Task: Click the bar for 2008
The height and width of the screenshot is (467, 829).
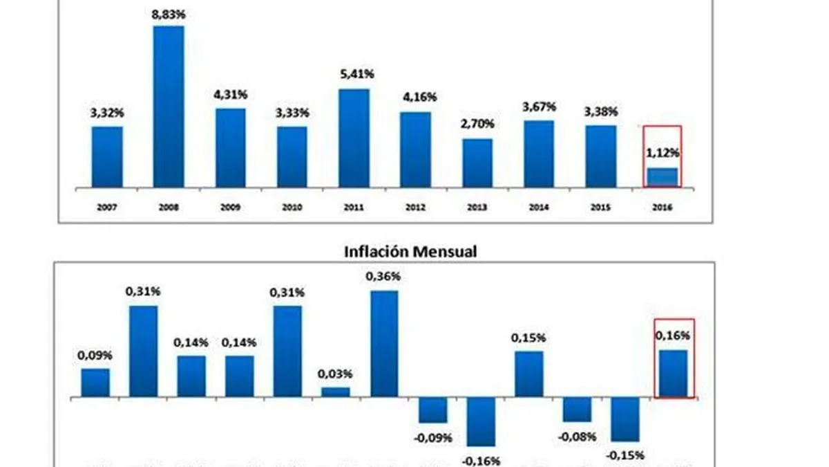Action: (x=169, y=107)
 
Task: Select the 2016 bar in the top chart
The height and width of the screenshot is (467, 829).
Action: (x=662, y=178)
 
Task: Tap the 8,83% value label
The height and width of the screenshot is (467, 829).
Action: (x=169, y=14)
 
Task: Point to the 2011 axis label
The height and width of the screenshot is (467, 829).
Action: (x=354, y=207)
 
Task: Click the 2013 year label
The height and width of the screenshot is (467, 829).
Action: (x=477, y=207)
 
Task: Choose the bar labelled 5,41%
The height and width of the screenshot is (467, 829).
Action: (x=354, y=138)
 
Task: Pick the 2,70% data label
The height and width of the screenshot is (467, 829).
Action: (x=477, y=125)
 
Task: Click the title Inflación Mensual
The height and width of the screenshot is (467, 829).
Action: (x=410, y=251)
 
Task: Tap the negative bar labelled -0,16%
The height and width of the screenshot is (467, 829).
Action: (x=481, y=422)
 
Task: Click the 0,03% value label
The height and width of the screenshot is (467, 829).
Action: (x=336, y=374)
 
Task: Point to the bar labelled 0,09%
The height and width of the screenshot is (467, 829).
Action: (x=95, y=383)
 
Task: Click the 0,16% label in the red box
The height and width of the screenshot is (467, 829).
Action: (x=674, y=336)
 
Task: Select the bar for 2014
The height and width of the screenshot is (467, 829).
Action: (x=539, y=154)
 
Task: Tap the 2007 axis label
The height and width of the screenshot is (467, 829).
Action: (x=106, y=207)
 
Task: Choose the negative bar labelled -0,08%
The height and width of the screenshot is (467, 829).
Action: (x=577, y=410)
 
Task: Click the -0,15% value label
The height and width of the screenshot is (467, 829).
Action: (x=625, y=455)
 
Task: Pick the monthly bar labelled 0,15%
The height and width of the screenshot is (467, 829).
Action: (x=529, y=374)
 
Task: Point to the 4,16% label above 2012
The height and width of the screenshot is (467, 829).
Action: (x=415, y=98)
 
